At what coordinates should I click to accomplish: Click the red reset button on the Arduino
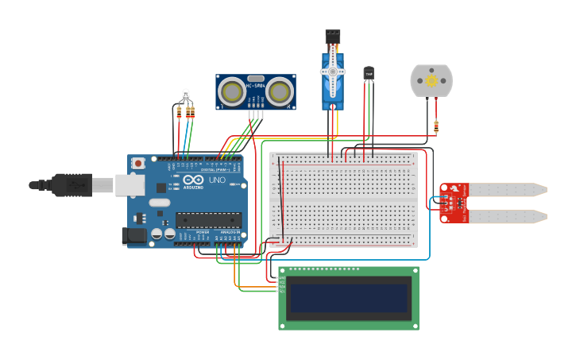[139, 163]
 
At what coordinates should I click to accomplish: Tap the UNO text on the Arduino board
[217, 180]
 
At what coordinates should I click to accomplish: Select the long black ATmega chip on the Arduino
[207, 219]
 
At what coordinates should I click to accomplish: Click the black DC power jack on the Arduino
[133, 235]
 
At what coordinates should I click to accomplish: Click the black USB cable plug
[72, 184]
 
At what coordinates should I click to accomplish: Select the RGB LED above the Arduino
[184, 95]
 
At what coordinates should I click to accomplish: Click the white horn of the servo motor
[333, 72]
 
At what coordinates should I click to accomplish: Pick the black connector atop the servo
[332, 37]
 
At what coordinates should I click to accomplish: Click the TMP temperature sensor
[368, 73]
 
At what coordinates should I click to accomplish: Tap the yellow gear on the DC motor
[431, 81]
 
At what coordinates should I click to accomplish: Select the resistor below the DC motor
[436, 126]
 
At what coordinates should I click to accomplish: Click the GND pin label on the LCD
[280, 277]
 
